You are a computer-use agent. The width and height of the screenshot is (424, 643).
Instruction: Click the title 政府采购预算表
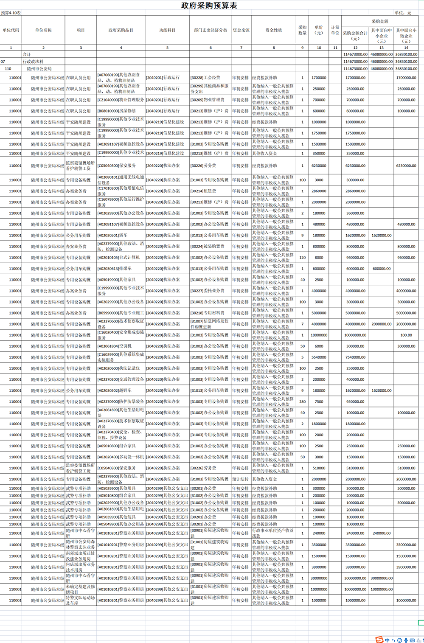(209, 6)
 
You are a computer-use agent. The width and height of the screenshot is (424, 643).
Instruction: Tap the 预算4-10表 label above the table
(11, 13)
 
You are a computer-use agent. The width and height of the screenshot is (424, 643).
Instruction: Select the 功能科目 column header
(167, 30)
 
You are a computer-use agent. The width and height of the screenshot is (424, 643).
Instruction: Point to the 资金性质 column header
(274, 30)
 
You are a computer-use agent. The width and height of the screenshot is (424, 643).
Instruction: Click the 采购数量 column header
(302, 30)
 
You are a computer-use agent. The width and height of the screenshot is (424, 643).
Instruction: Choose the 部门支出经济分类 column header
(211, 30)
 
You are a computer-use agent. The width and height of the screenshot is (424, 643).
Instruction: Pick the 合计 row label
(27, 54)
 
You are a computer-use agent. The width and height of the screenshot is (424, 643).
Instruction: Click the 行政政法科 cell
(33, 62)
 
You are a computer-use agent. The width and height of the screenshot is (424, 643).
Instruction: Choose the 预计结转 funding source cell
(241, 479)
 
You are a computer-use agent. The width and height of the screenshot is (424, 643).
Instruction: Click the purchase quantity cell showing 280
(302, 402)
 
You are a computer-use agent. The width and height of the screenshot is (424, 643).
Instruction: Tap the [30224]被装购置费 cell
(208, 247)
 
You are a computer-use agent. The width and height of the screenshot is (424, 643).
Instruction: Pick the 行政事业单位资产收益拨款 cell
(273, 533)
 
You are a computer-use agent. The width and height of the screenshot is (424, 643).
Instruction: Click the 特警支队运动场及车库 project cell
(80, 600)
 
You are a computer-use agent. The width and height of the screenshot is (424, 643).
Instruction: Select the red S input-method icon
(379, 640)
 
